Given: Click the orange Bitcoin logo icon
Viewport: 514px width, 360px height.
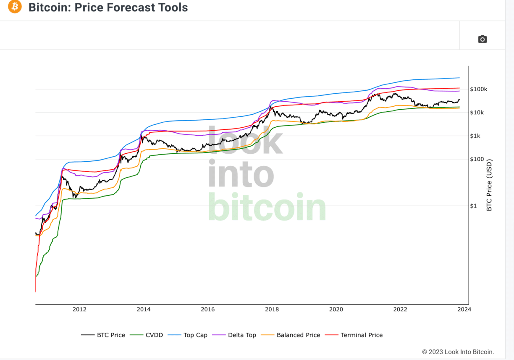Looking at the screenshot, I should tap(14, 7).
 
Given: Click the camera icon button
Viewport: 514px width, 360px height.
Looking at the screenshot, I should tap(483, 39).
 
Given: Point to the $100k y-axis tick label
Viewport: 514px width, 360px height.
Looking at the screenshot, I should tap(479, 89).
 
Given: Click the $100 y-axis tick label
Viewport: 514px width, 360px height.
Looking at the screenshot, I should tap(477, 159).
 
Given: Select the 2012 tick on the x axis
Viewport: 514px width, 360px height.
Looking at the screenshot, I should tap(79, 310).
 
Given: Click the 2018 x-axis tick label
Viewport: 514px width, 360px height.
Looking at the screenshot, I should tap(272, 310).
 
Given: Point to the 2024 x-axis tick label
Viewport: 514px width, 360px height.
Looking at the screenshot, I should tap(464, 310).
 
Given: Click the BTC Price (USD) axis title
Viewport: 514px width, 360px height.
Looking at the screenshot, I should tap(489, 185).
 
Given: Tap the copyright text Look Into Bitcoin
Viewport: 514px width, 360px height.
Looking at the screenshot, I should tap(458, 352).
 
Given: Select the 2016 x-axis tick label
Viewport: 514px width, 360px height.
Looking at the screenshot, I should tap(207, 310).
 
